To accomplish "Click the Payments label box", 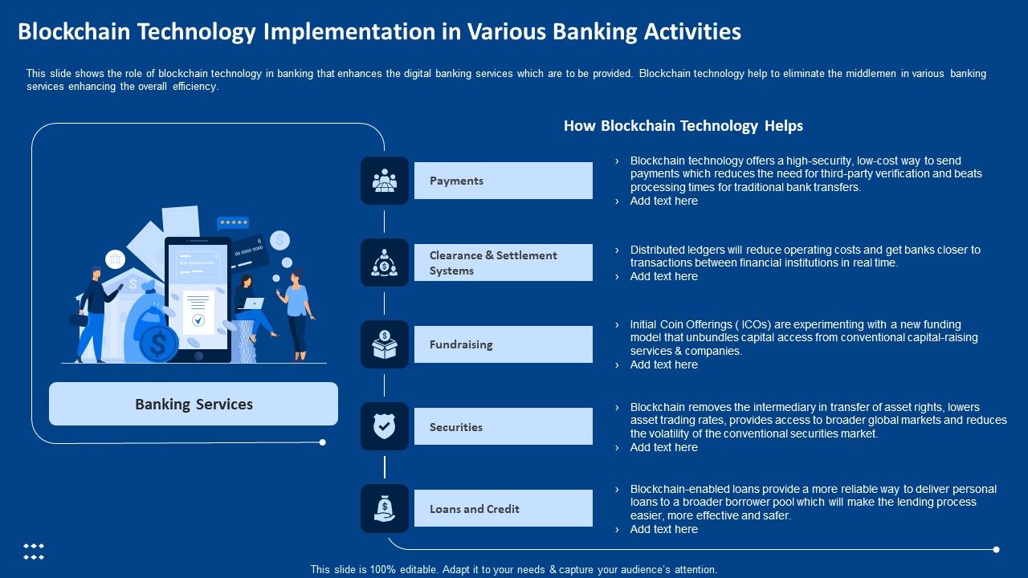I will (x=503, y=181).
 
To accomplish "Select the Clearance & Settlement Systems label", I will (x=503, y=263).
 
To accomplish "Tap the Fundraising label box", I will (x=503, y=344).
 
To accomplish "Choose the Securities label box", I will (x=503, y=426).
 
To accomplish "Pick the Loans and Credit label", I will (x=503, y=508).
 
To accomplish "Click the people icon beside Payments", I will (x=385, y=181).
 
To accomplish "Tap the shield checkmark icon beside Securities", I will (x=385, y=426).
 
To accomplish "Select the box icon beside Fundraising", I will (x=385, y=344).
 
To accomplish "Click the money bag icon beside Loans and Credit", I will (x=385, y=508).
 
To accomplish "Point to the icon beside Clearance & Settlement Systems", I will (x=385, y=263).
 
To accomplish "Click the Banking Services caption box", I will (x=194, y=404).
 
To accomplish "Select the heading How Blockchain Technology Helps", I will (x=683, y=126).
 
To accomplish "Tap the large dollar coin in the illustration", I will (x=159, y=344).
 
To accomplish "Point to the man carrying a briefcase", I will (x=94, y=313).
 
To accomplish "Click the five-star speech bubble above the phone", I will (x=233, y=223).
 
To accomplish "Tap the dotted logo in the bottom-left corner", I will (x=33, y=552).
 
